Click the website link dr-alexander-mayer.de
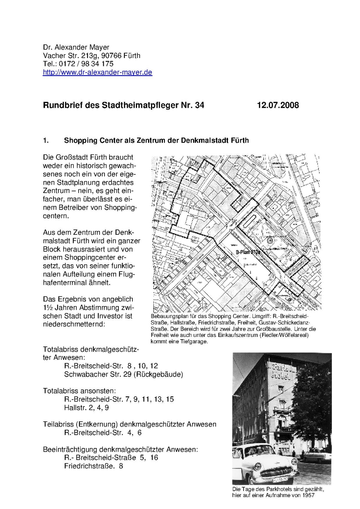pyautogui.click(x=97, y=73)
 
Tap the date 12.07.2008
pyautogui.click(x=278, y=105)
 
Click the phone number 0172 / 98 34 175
pyautogui.click(x=86, y=64)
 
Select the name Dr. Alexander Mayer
pyautogui.click(x=76, y=47)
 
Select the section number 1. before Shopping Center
pyautogui.click(x=46, y=141)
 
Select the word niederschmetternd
pyautogui.click(x=74, y=324)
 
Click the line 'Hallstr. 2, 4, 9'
pyautogui.click(x=86, y=408)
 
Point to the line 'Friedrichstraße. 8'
pyautogui.click(x=94, y=466)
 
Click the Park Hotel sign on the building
pyautogui.click(x=281, y=371)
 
